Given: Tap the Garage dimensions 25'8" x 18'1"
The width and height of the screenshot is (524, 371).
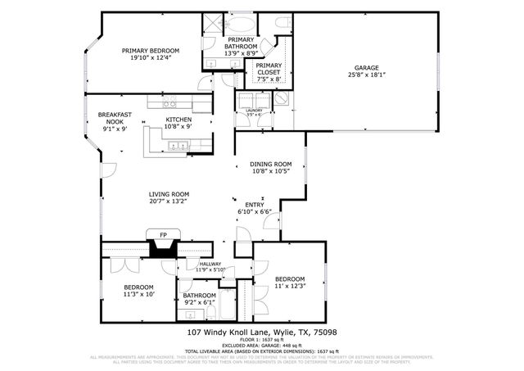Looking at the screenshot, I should (x=368, y=75).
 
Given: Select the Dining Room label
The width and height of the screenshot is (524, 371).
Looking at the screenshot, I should (x=271, y=165).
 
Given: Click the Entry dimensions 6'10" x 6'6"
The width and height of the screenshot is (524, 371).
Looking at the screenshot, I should (x=254, y=212).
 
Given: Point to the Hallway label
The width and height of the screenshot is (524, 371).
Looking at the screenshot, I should (x=200, y=264).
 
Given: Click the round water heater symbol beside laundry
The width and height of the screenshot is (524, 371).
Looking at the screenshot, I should (x=282, y=97).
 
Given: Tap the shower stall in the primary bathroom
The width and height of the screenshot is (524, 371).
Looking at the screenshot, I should (x=212, y=24).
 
